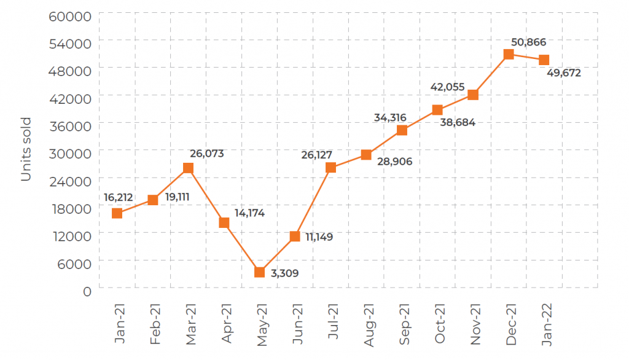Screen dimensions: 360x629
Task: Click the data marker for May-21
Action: tap(259, 272)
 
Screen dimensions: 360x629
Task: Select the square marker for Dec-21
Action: tap(509, 54)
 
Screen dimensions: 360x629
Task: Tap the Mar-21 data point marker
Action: tap(188, 168)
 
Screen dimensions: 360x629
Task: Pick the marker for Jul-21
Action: tap(330, 168)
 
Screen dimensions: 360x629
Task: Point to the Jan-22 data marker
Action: tap(544, 60)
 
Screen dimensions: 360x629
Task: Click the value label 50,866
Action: tap(528, 42)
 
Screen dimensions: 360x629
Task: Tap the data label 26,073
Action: tap(206, 153)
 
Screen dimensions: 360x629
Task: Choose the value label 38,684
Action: tap(458, 122)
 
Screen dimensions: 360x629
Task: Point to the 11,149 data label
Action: tap(317, 237)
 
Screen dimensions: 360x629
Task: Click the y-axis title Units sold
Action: tap(26, 149)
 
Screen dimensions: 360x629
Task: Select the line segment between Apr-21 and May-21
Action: tap(241, 247)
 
